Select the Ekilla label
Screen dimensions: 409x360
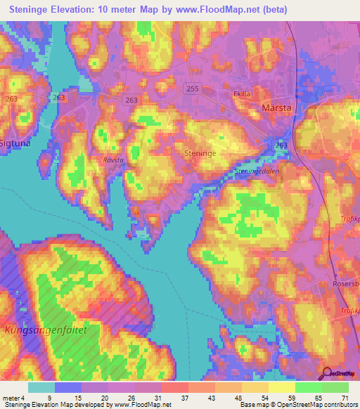click(x=243, y=93)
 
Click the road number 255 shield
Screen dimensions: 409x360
click(x=193, y=88)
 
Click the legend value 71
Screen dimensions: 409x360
click(x=345, y=398)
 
